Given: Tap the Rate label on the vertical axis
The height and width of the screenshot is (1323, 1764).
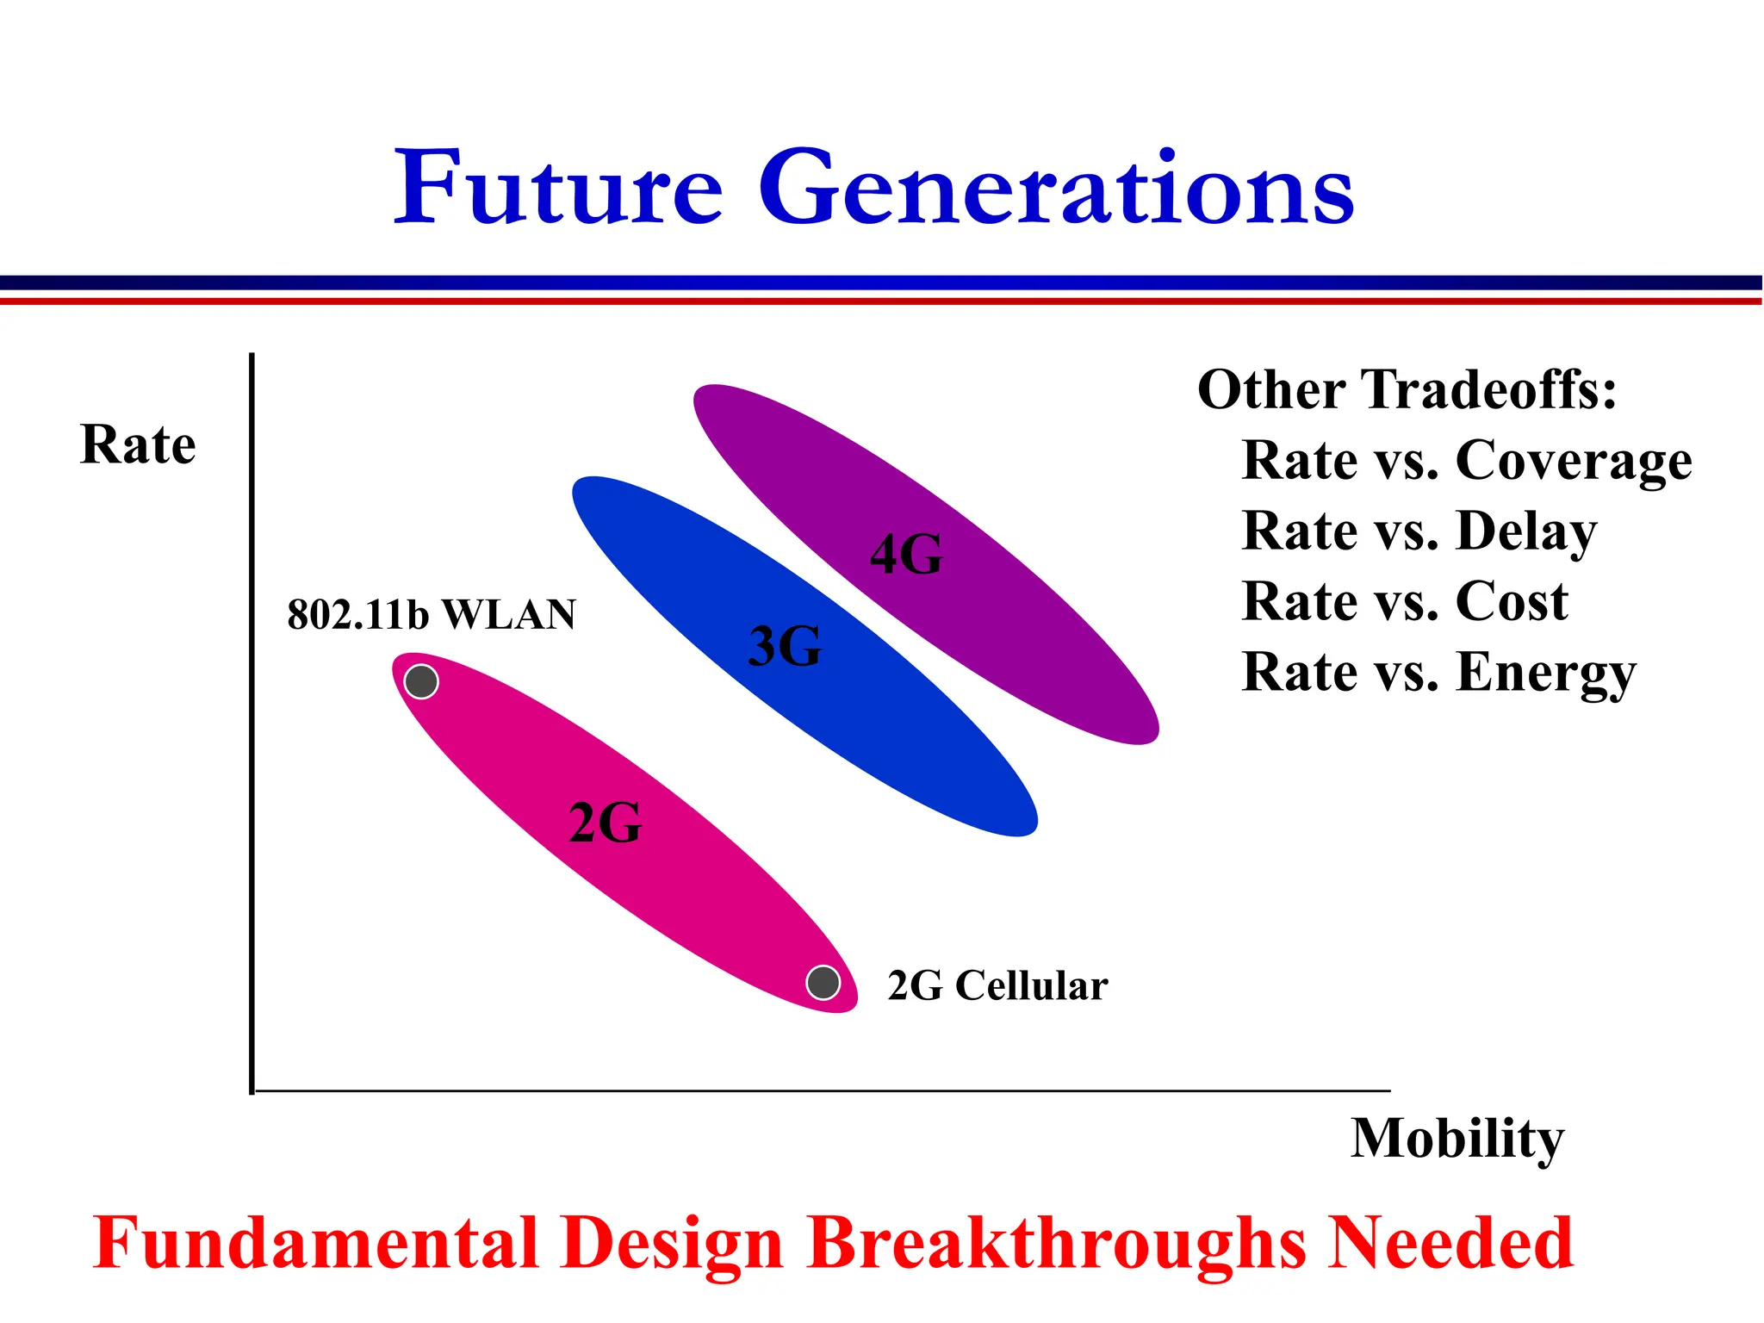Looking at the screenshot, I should pos(138,445).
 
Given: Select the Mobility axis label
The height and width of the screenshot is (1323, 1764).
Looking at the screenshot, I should pos(1457,1139).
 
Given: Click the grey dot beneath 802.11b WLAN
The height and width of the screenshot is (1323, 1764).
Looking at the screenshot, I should pos(421,681).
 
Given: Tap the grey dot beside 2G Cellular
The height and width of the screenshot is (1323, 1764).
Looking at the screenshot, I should pos(823,982).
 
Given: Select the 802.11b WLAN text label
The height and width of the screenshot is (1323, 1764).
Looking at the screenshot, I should pos(432,615).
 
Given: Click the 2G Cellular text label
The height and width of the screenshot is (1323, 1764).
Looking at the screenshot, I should pos(997,985).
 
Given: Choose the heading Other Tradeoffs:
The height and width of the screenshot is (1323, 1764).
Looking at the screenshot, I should pos(1407,389).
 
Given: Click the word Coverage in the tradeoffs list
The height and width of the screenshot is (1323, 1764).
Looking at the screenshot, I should pos(1574,461).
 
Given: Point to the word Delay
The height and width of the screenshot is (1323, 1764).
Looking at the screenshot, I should pos(1526,531).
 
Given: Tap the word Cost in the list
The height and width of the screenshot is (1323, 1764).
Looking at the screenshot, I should pos(1512,601).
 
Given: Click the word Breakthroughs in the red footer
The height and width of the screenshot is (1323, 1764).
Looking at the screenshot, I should pos(1056,1244).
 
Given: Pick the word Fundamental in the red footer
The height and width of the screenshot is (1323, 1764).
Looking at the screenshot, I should pos(315,1244).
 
